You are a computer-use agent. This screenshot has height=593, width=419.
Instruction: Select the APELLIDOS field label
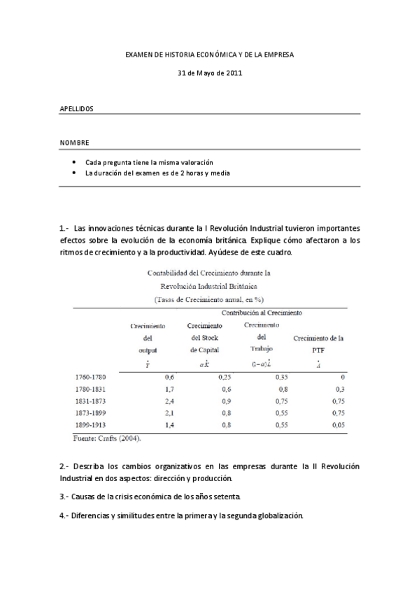[76, 109]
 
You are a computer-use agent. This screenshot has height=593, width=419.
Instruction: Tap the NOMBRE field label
[74, 143]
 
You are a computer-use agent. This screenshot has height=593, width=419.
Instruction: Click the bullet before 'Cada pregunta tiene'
[74, 162]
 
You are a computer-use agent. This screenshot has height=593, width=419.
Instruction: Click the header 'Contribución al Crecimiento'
[262, 313]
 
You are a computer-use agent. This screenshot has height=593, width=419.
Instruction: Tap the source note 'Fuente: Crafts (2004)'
[108, 438]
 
